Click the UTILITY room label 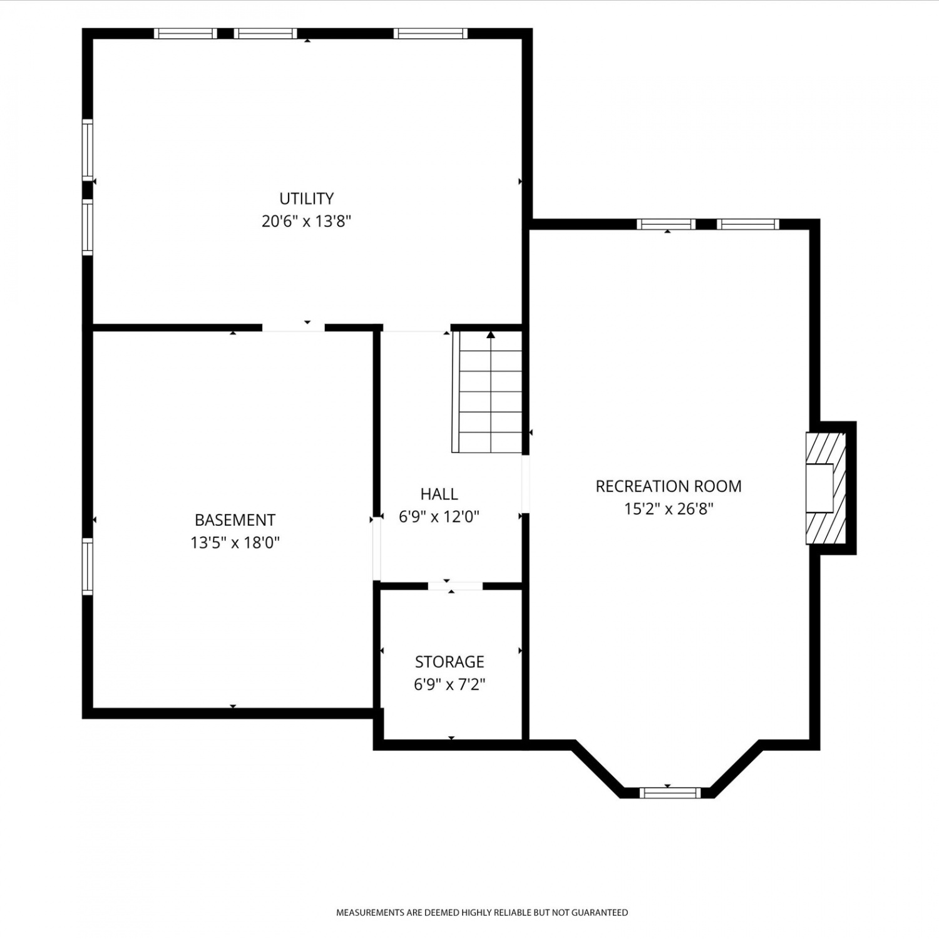click(x=306, y=198)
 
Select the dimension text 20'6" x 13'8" click(x=306, y=221)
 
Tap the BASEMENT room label click(x=235, y=520)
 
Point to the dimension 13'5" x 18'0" click(x=235, y=542)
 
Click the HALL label click(x=439, y=494)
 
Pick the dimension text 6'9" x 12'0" click(x=439, y=516)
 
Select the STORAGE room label click(x=449, y=662)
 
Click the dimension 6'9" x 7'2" click(x=449, y=684)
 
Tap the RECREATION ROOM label click(x=669, y=486)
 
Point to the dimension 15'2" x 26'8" click(x=669, y=508)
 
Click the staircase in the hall click(x=488, y=392)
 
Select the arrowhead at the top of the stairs click(x=491, y=335)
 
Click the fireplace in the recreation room click(x=826, y=488)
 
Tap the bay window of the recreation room click(x=669, y=793)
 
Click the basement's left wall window click(x=88, y=567)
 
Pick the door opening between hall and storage click(x=455, y=586)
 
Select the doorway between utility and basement click(x=294, y=327)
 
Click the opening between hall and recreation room click(x=526, y=484)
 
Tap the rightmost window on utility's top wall click(x=431, y=34)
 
